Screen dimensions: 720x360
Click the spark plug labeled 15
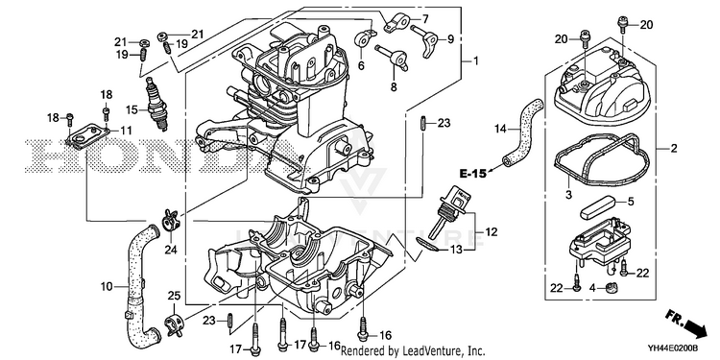(156, 104)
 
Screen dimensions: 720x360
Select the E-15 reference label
(472, 174)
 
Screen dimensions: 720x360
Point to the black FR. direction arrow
(693, 327)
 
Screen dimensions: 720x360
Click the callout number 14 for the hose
(500, 129)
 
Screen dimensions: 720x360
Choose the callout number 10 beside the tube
(107, 287)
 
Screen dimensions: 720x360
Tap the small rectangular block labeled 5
(597, 207)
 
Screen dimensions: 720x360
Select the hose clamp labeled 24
(171, 220)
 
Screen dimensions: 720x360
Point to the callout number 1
(476, 60)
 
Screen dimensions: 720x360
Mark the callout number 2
(674, 148)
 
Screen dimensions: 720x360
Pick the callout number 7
(425, 19)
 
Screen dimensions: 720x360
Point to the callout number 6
(361, 65)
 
